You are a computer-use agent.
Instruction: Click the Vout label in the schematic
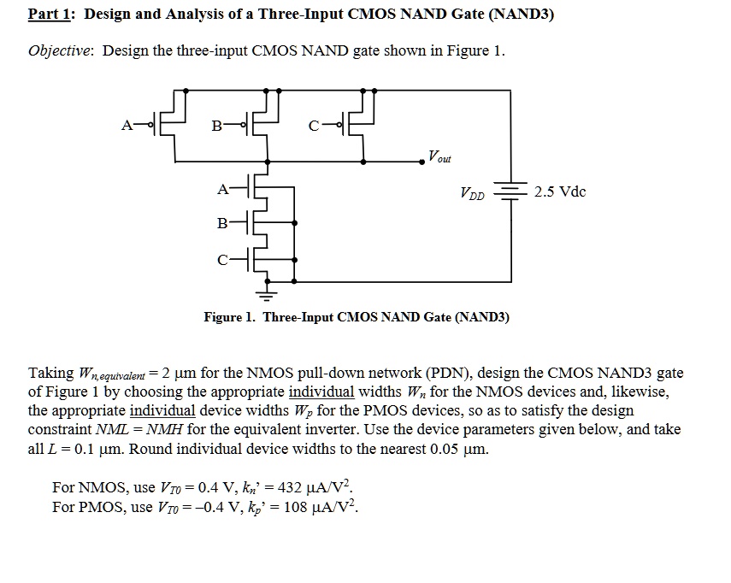pos(440,157)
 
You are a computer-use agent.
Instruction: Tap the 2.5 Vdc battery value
pos(560,191)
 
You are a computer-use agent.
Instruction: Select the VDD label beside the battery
pos(472,195)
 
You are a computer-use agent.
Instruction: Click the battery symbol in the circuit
pos(510,193)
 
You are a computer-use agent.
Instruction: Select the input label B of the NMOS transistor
pos(222,224)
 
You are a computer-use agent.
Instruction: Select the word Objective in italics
pos(62,50)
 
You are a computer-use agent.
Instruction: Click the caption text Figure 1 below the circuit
pos(229,317)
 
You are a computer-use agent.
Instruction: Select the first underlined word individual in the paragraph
pos(321,392)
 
